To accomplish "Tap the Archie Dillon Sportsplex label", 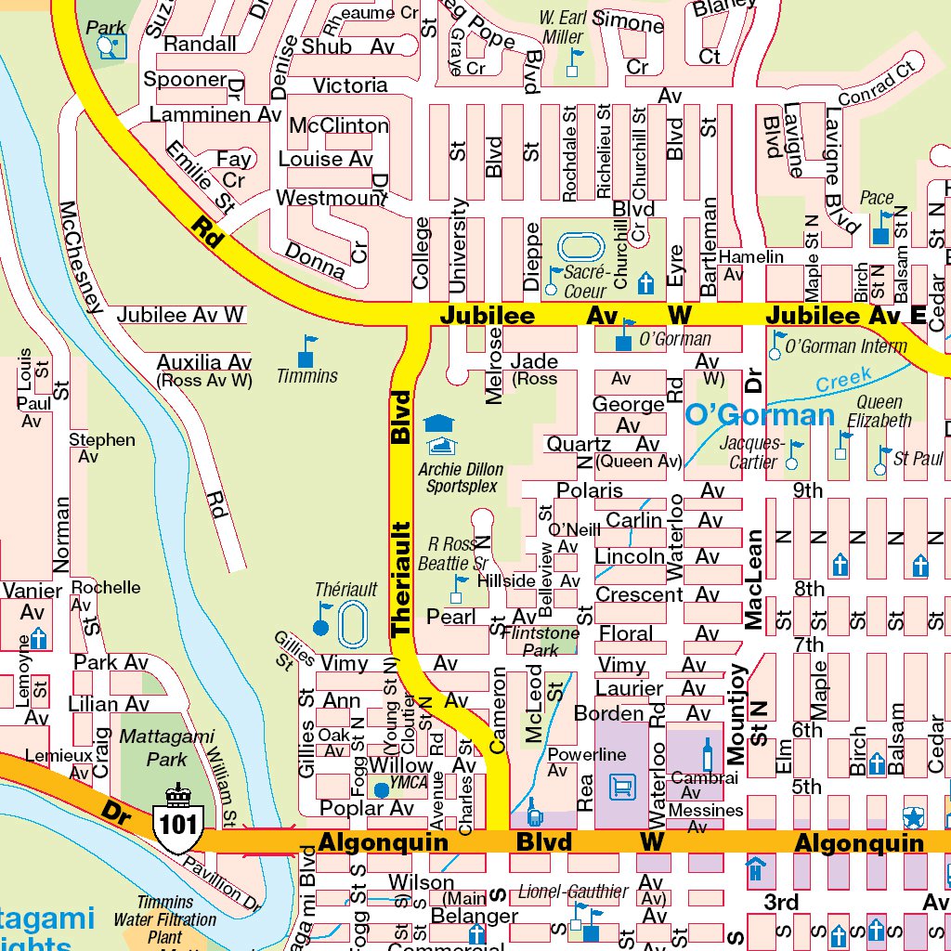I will click(x=462, y=477).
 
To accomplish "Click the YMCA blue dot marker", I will click(x=381, y=790).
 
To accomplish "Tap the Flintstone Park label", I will click(x=540, y=642).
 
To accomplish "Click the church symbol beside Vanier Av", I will click(x=39, y=639).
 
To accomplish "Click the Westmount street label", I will click(x=332, y=199).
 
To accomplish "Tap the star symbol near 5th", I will click(x=914, y=817).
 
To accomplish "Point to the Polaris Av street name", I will click(x=590, y=490).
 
